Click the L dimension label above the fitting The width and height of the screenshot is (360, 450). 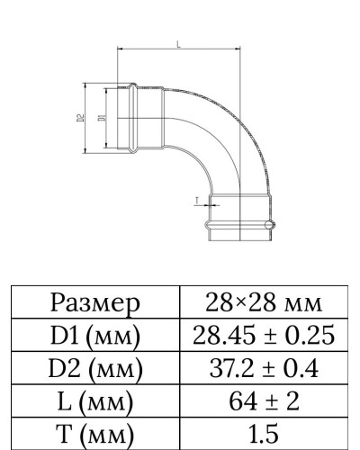click(x=178, y=43)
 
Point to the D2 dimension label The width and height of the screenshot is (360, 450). click(x=80, y=117)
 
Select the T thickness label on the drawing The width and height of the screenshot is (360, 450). click(x=195, y=201)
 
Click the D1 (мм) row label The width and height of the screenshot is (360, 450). click(x=96, y=335)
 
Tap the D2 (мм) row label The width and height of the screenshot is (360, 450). click(x=96, y=368)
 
